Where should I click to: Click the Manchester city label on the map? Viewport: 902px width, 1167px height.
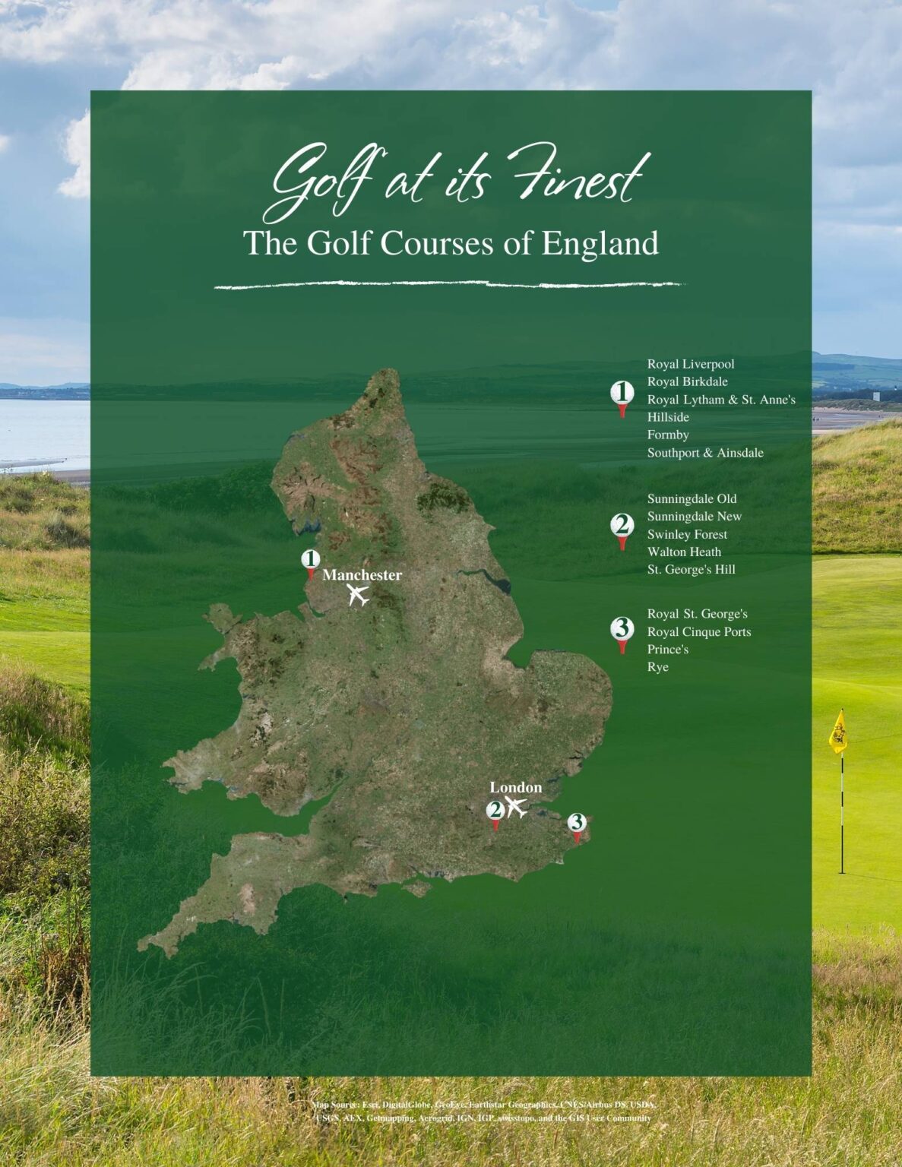tap(362, 575)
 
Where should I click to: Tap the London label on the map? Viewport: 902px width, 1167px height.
tap(515, 787)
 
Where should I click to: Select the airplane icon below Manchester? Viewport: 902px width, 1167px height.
tap(358, 595)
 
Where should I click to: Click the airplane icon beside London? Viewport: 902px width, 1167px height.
tap(517, 808)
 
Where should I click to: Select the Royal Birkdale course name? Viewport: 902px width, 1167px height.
tap(687, 381)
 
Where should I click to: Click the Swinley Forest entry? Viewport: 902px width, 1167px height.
tap(687, 534)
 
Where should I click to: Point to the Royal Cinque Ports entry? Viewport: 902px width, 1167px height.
tap(698, 631)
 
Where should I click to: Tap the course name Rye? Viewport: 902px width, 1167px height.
tap(657, 666)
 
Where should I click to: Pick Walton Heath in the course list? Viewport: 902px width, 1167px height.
tap(684, 552)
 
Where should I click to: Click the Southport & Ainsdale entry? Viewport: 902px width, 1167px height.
tap(705, 453)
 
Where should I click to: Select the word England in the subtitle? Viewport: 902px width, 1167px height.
tap(600, 244)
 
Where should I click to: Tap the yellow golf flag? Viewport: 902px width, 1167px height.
tap(837, 732)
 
